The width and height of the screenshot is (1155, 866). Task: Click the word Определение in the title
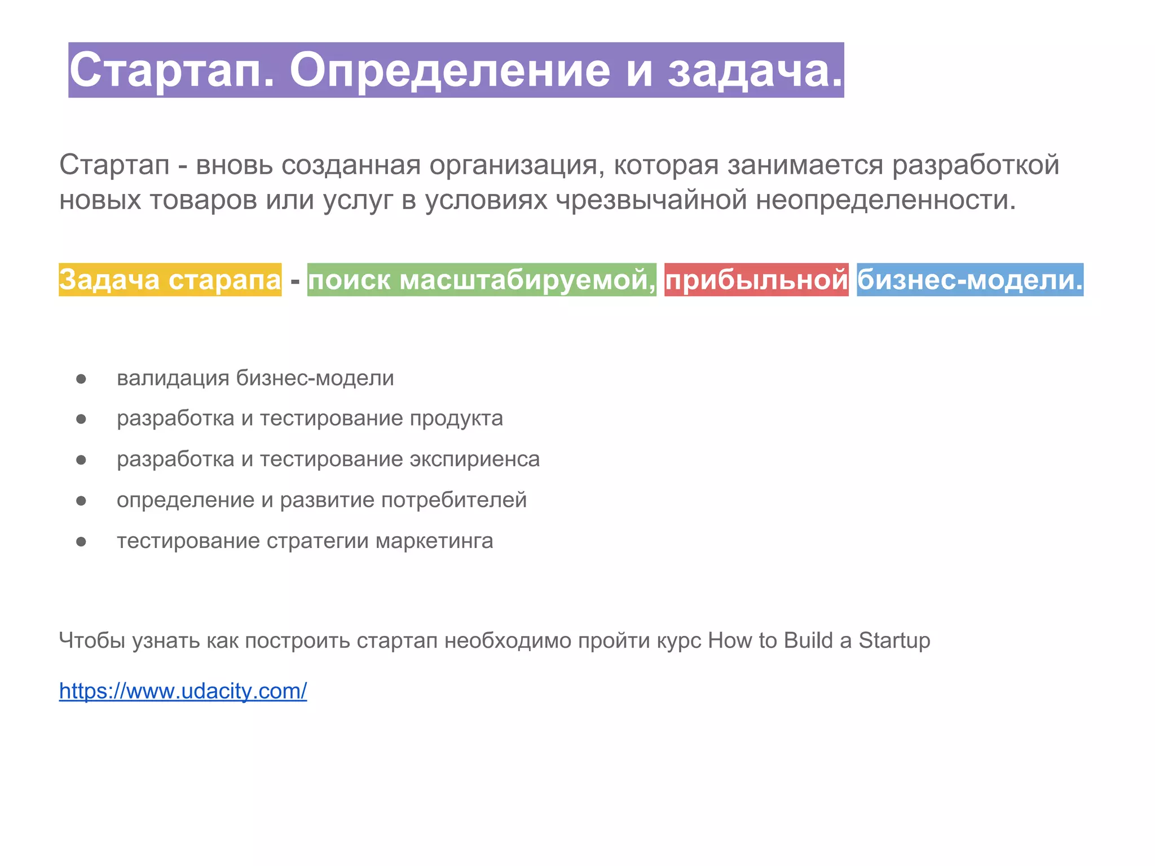coord(449,71)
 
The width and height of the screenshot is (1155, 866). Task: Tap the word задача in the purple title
coord(754,71)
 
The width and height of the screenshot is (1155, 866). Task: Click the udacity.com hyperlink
coord(183,691)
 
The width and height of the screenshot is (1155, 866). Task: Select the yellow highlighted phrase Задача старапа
coord(170,280)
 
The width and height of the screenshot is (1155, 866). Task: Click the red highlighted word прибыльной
coord(756,280)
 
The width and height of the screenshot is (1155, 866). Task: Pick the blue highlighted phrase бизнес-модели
coord(969,280)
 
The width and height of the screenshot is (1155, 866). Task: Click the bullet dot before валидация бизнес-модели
coord(81,378)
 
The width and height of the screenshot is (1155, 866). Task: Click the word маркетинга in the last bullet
coord(434,541)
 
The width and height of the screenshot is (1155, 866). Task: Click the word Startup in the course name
coord(894,640)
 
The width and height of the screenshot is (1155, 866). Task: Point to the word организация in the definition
coord(517,165)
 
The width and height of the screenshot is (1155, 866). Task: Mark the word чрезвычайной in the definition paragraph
coord(651,200)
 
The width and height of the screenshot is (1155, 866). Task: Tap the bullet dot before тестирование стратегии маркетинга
coord(81,542)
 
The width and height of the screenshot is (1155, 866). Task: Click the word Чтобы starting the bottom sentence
coord(92,640)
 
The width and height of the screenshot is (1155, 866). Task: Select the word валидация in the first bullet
coord(173,378)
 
